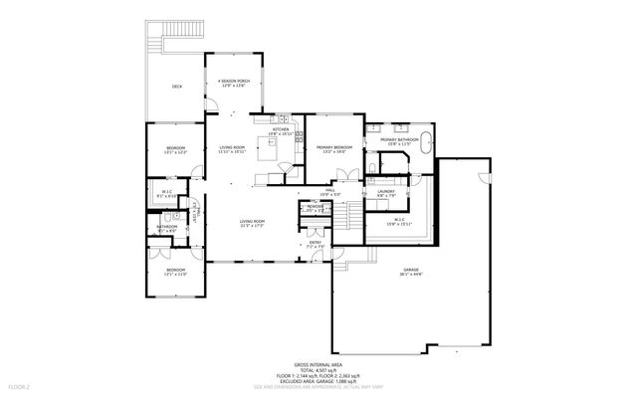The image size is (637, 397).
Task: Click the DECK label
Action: point(176,88)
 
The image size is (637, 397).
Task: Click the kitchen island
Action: point(269,147)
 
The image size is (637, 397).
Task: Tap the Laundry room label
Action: point(386,193)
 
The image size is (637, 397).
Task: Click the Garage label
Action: point(410,273)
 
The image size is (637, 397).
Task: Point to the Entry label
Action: point(315,243)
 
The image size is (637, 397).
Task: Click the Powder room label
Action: point(316,209)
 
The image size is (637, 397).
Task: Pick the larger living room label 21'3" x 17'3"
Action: point(251,224)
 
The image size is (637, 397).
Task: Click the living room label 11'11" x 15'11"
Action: point(232,151)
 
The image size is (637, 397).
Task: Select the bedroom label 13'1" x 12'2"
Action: point(175,151)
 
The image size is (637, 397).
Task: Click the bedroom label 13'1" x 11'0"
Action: point(175,272)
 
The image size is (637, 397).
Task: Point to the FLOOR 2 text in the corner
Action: point(20,385)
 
